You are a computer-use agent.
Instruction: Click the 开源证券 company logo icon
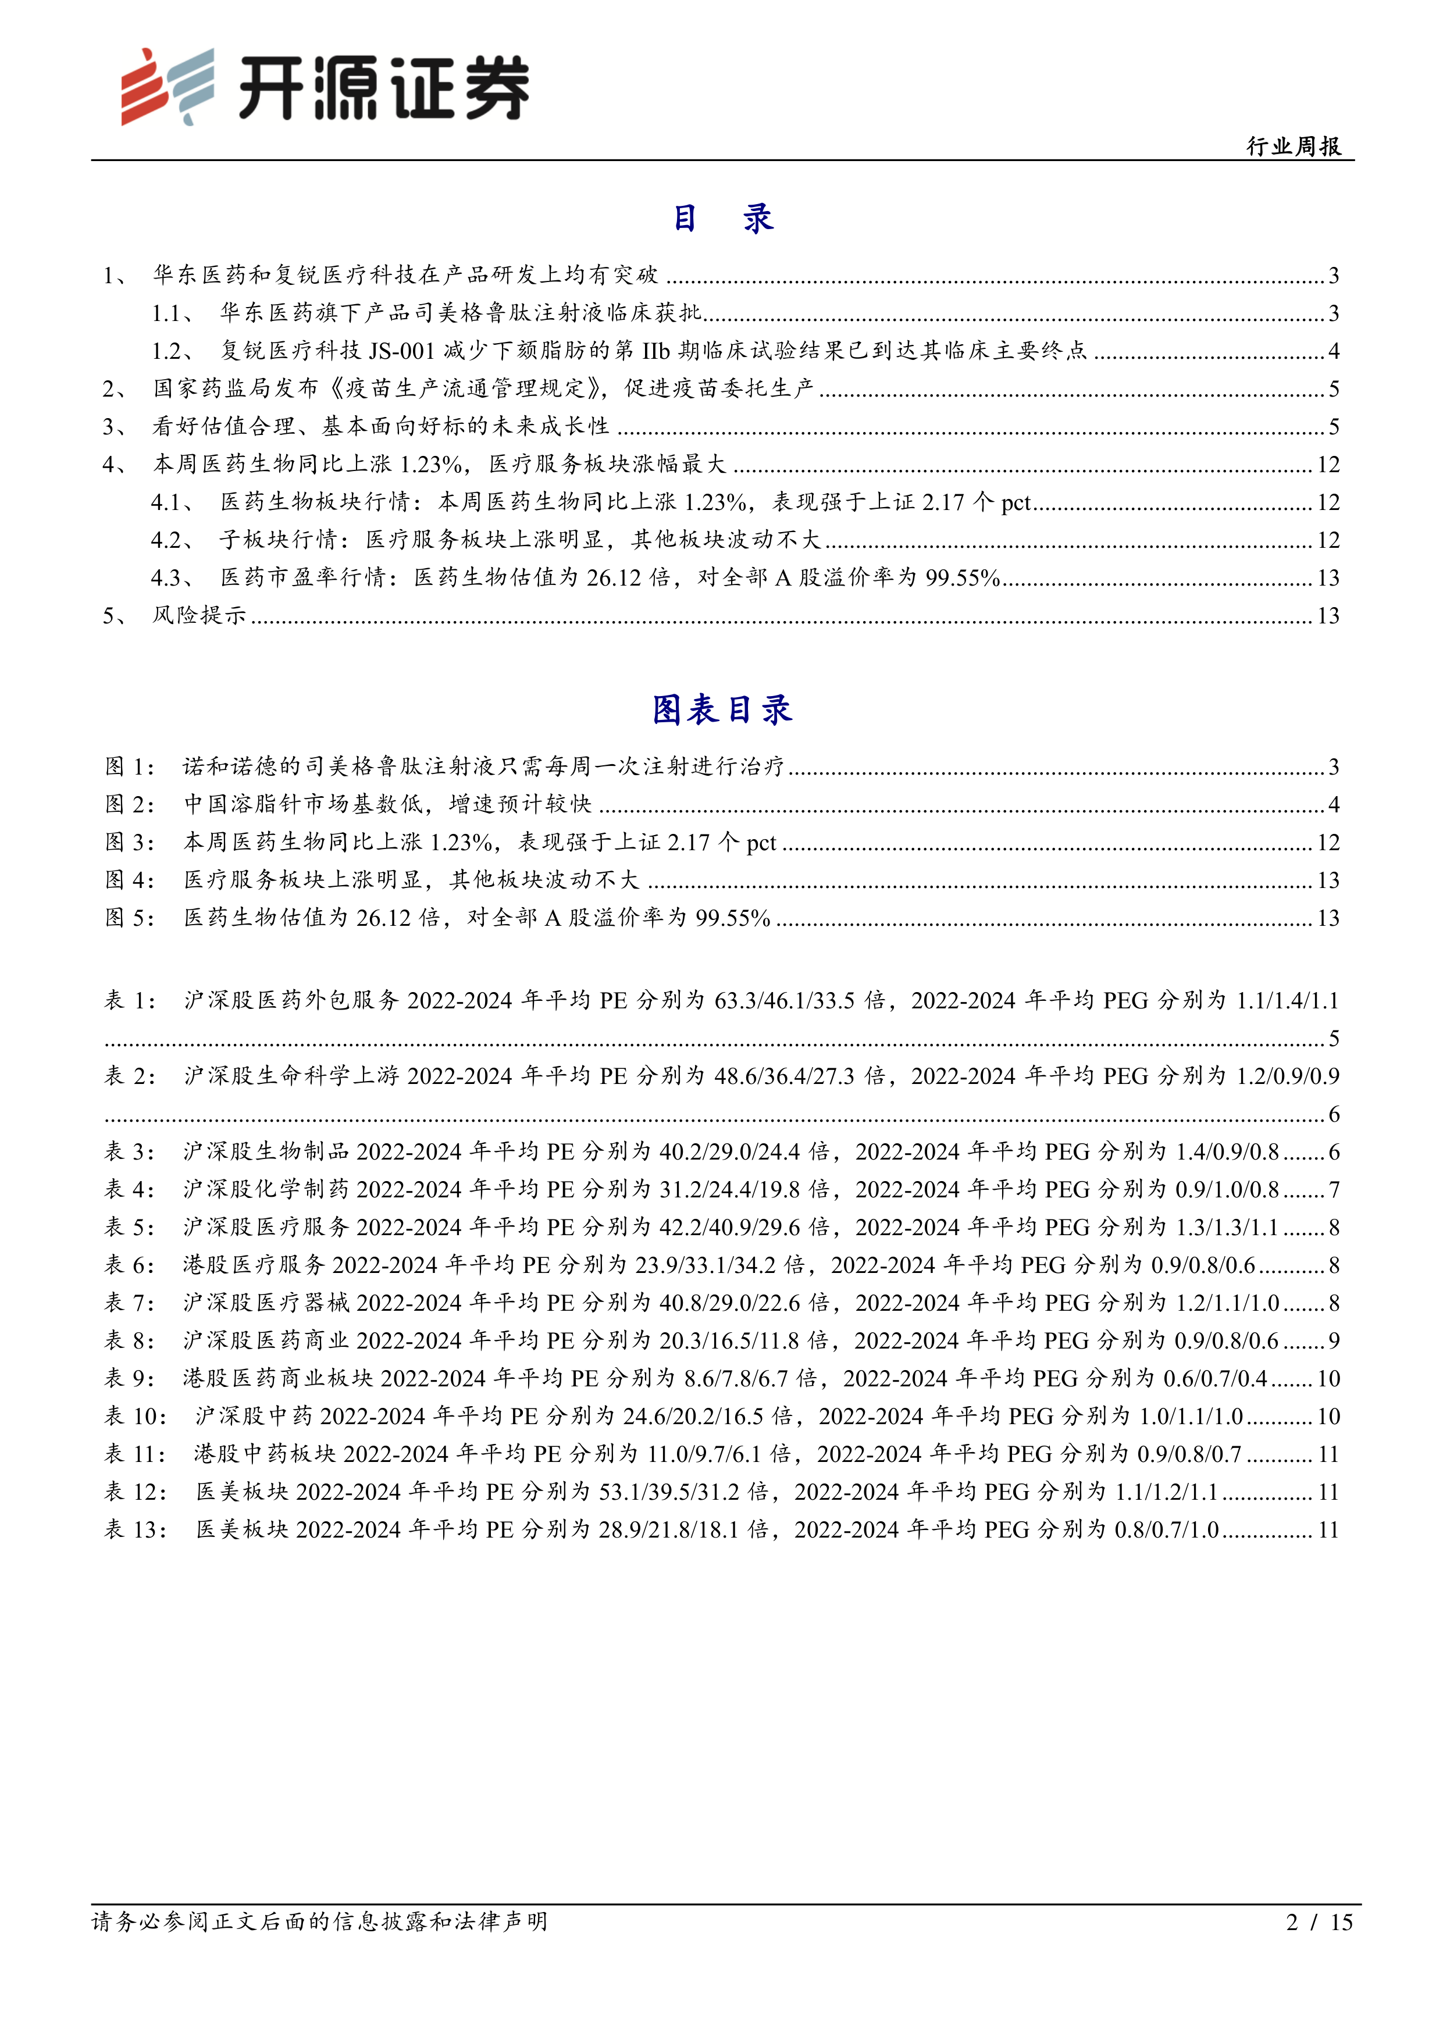tap(167, 86)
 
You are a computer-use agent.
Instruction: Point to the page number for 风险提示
tap(1327, 616)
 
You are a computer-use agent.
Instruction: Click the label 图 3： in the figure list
tap(130, 842)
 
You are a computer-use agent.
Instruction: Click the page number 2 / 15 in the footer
tap(1319, 1922)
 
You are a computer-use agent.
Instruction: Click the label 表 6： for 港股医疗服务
tap(130, 1265)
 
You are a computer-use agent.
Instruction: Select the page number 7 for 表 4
tap(1334, 1190)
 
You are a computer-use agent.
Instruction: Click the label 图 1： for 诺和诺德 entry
tap(130, 767)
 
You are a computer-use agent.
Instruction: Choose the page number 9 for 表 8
tap(1334, 1341)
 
